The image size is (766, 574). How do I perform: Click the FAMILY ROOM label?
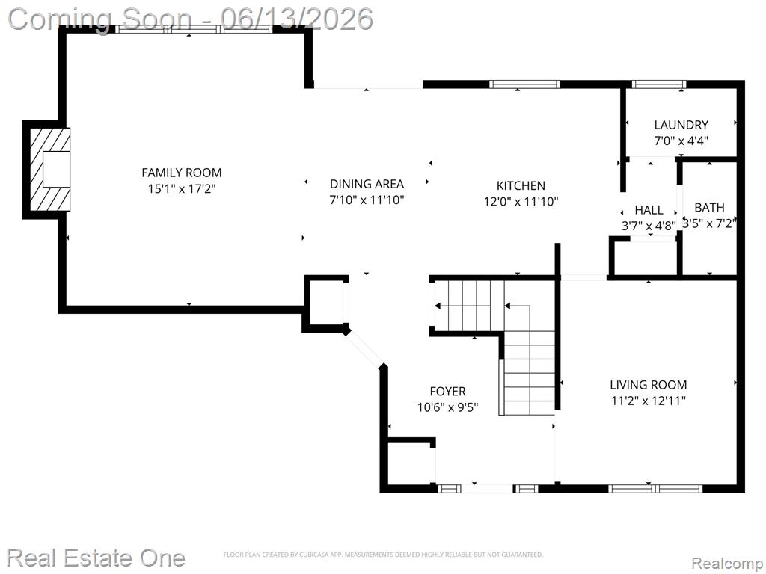point(182,173)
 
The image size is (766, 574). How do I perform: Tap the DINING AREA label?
point(367,184)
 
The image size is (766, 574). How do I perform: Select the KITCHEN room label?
point(521,185)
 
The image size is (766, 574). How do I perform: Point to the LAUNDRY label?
point(681,125)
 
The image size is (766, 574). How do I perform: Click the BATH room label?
point(709,208)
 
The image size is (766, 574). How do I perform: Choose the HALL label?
point(649,210)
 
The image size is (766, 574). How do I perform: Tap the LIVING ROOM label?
point(649,385)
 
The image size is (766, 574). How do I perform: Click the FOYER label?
point(447,391)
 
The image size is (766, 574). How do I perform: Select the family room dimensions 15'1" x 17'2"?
point(182,189)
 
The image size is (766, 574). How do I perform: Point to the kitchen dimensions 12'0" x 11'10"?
point(521,202)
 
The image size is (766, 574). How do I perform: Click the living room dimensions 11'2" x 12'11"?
point(649,401)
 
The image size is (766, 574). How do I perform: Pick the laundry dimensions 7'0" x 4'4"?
point(681,141)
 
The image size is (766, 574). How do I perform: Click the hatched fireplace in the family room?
point(50,170)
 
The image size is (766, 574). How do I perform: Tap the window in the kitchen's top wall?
point(524,84)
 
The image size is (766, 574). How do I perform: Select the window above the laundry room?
point(659,84)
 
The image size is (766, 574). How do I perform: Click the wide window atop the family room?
point(194,29)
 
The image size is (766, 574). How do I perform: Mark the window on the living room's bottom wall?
point(655,488)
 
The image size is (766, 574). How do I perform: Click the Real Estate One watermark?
point(96,558)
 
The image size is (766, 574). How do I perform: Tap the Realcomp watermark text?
point(727,563)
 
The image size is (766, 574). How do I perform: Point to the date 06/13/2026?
point(296,19)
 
